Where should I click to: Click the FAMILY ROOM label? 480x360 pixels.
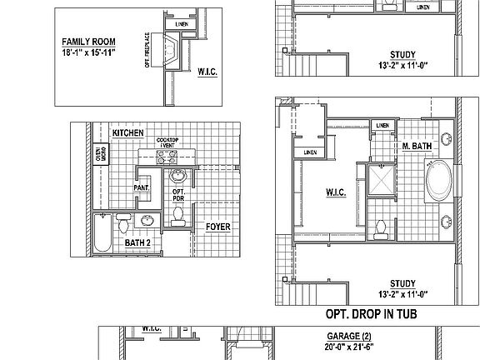(88, 41)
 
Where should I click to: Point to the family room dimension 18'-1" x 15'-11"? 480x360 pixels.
(88, 52)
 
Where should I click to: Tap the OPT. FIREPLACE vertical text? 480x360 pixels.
(147, 51)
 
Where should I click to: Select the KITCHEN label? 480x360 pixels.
(128, 133)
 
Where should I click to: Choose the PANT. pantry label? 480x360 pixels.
(142, 188)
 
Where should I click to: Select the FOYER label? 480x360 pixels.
(217, 226)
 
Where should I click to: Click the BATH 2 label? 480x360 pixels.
(137, 242)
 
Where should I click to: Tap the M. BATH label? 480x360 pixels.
(416, 146)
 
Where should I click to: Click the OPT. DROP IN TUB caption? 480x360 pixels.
(370, 314)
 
